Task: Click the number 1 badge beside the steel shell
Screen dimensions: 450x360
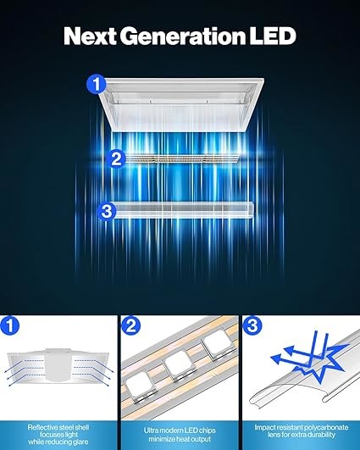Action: point(96,85)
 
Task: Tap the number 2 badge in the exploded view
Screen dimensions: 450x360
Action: point(117,157)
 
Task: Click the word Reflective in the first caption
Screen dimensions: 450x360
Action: point(42,427)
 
